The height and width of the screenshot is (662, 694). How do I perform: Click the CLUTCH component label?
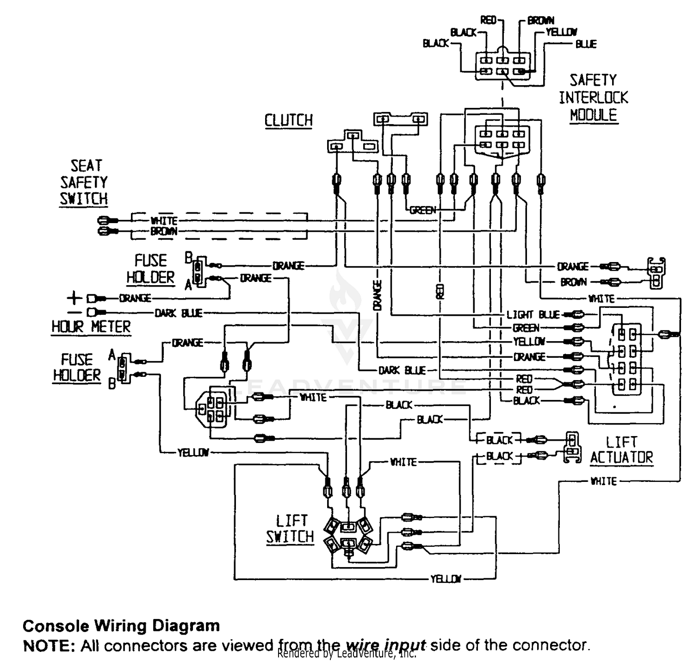pyautogui.click(x=288, y=120)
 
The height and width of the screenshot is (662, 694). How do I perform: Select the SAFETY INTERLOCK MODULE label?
pyautogui.click(x=594, y=98)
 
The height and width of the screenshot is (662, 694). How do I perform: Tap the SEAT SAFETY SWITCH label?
pyautogui.click(x=84, y=182)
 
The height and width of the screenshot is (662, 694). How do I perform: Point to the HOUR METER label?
pyautogui.click(x=91, y=327)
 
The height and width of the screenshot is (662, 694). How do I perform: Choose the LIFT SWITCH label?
pyautogui.click(x=290, y=529)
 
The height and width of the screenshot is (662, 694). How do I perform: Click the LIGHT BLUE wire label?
pyautogui.click(x=533, y=314)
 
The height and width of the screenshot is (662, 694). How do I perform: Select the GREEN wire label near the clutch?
pyautogui.click(x=422, y=210)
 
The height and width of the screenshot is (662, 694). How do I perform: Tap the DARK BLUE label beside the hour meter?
pyautogui.click(x=179, y=313)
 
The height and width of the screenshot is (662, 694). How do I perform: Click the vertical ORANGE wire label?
pyautogui.click(x=378, y=295)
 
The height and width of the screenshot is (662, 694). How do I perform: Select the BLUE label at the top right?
pyautogui.click(x=586, y=44)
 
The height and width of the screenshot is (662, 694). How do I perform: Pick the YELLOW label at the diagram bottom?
pyautogui.click(x=446, y=579)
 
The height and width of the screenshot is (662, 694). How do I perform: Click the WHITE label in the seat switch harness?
pyautogui.click(x=164, y=221)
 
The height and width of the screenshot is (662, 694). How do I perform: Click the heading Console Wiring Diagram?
pyautogui.click(x=121, y=625)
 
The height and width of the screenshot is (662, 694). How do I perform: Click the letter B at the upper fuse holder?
pyautogui.click(x=188, y=258)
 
